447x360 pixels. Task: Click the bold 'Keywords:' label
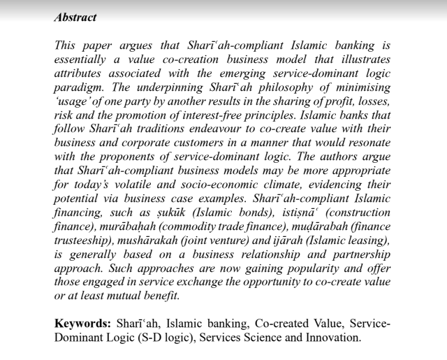click(81, 324)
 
